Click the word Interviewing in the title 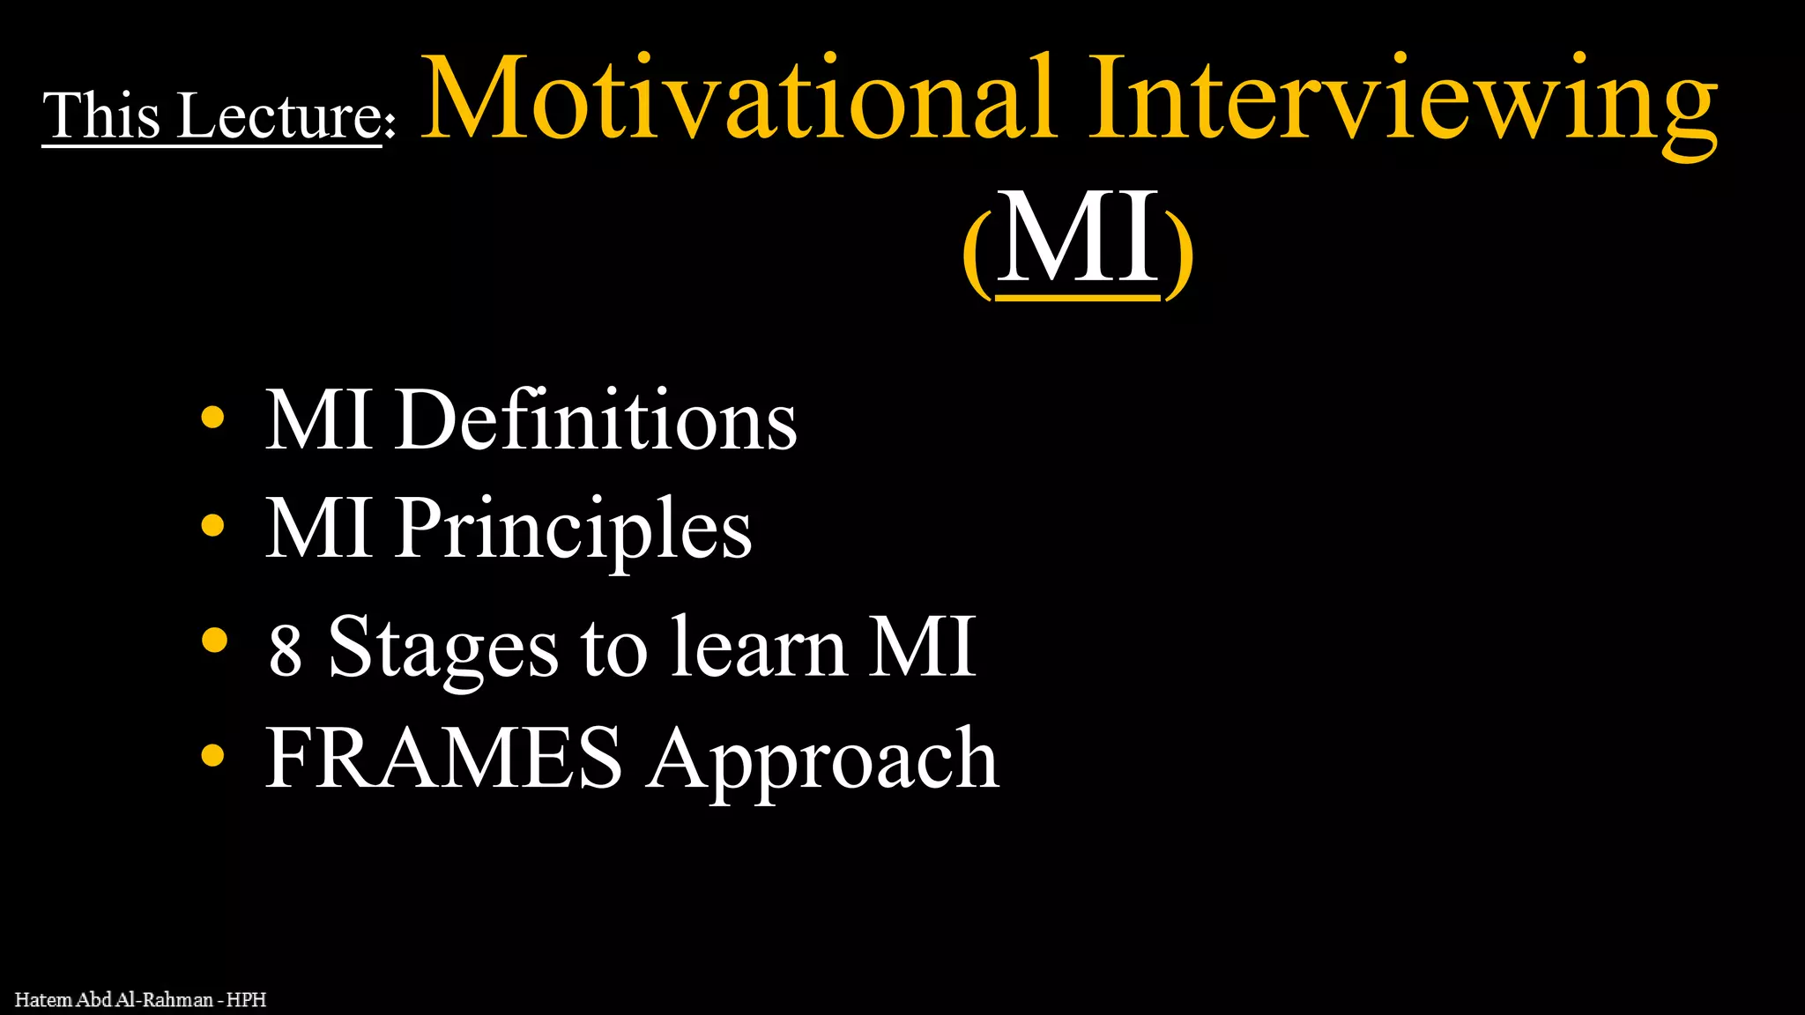click(x=1401, y=101)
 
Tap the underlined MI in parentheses click(x=1077, y=240)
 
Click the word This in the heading click(x=101, y=115)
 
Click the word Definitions click(x=596, y=420)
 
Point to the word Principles click(x=573, y=530)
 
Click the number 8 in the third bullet click(x=286, y=651)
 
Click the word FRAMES click(x=444, y=758)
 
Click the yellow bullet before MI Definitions click(x=212, y=417)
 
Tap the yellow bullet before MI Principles click(x=212, y=526)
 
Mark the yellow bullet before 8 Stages click(x=214, y=641)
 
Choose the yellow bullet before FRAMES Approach click(x=212, y=755)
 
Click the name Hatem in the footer click(x=43, y=1000)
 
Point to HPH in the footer click(x=246, y=1000)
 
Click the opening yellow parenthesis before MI click(x=977, y=256)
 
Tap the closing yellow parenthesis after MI click(x=1179, y=256)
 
